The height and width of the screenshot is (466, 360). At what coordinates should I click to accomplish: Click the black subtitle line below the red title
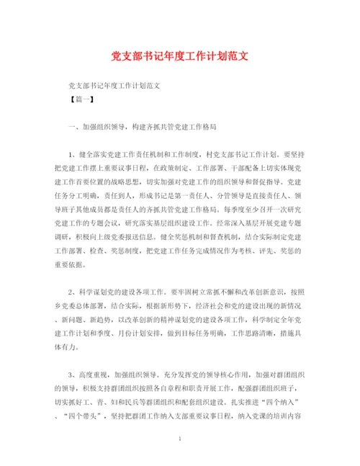112,85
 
